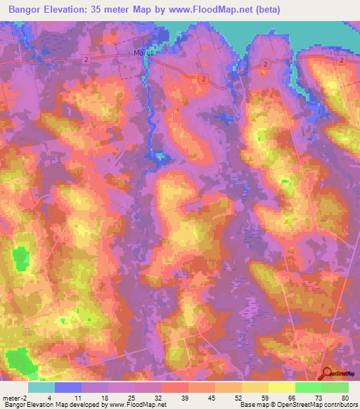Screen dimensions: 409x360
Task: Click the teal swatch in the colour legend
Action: coord(41,387)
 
